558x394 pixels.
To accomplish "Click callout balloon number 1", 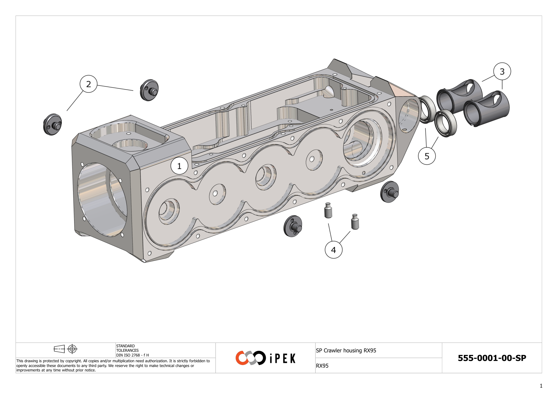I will click(179, 166).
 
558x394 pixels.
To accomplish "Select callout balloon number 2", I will click(88, 84).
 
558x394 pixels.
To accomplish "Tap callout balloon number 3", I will click(502, 71).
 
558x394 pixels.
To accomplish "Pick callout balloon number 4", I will click(334, 250).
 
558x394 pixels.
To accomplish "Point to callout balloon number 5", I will click(427, 156).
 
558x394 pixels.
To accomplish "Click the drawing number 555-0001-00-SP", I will click(492, 358).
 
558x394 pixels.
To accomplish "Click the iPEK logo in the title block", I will click(265, 358).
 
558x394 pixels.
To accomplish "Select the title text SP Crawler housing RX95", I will click(346, 350).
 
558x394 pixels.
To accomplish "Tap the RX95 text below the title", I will click(322, 366).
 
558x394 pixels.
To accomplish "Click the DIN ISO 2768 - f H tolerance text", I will click(132, 355).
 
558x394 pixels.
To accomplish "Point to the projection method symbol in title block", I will click(65, 349).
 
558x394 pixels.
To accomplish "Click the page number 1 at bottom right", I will click(541, 386).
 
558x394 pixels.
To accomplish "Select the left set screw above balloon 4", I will click(328, 211).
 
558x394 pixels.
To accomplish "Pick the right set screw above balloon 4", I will click(355, 222).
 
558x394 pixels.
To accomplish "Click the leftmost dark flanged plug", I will click(52, 125).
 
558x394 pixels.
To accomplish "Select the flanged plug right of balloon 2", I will click(149, 90).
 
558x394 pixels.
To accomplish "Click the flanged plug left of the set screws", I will click(293, 226).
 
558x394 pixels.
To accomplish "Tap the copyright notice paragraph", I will click(113, 365).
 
